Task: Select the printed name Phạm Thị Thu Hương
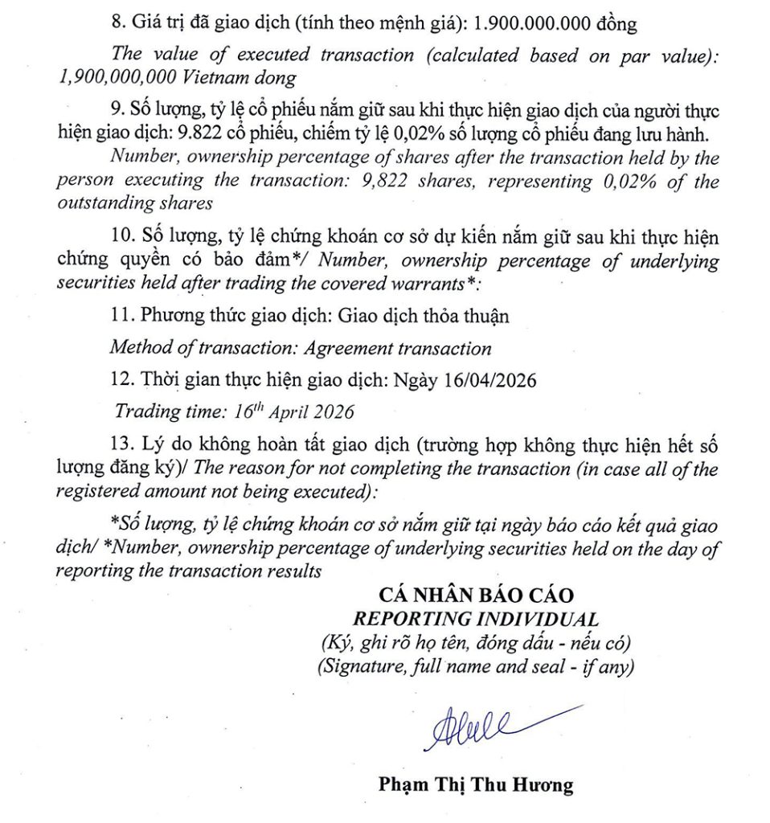(x=476, y=784)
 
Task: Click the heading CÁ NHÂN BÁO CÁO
(x=477, y=596)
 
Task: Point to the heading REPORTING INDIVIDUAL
(x=477, y=619)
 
